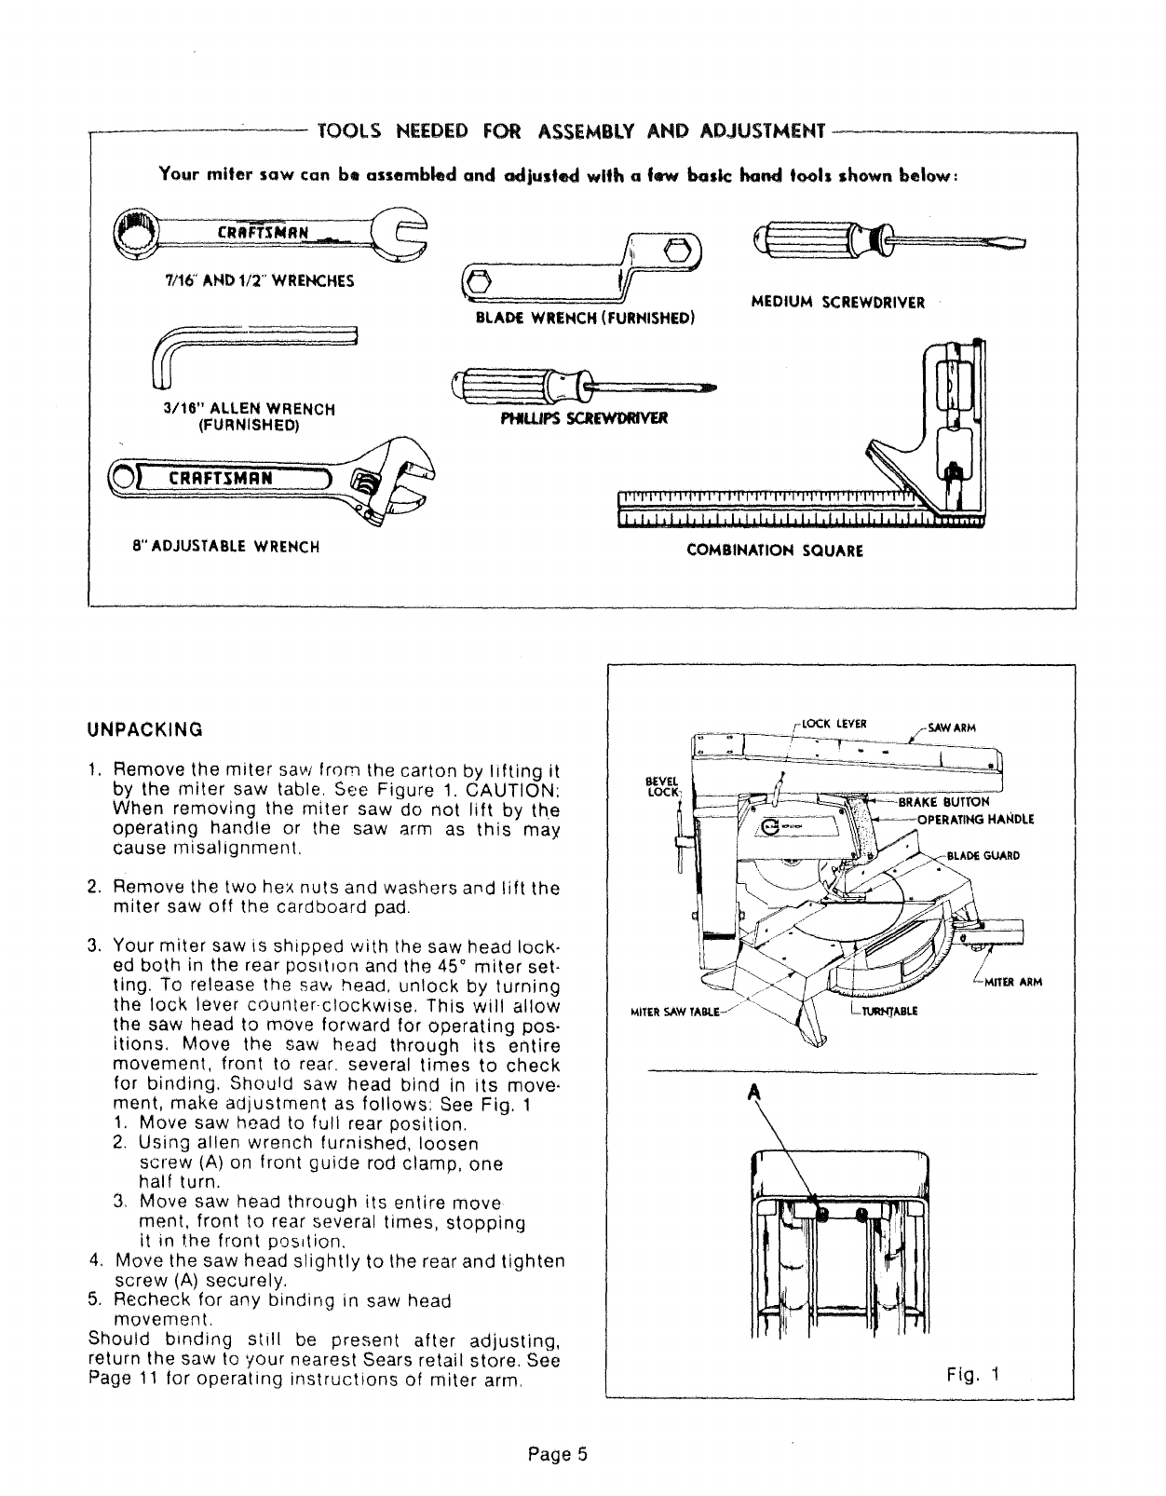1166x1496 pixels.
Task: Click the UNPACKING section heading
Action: click(144, 728)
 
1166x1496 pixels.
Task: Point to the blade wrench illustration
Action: click(584, 265)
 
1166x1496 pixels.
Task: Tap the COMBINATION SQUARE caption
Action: click(775, 551)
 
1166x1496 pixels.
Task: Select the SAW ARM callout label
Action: click(950, 728)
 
